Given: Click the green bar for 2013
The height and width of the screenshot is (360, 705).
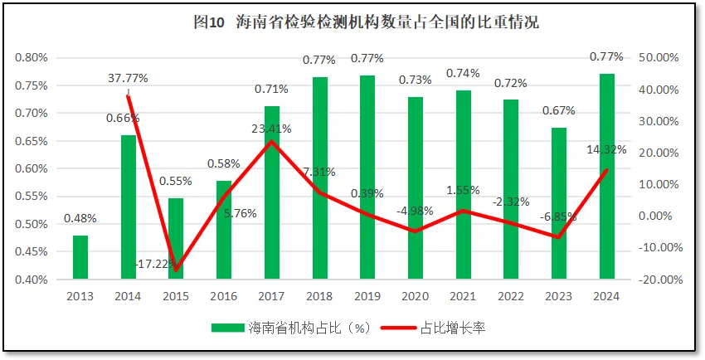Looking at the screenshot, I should [x=80, y=258].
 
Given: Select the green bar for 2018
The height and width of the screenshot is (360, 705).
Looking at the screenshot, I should [x=319, y=178].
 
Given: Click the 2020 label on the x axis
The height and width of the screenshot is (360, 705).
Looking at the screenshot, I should [x=416, y=295].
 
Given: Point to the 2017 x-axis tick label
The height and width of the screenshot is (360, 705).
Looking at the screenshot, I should [x=271, y=295].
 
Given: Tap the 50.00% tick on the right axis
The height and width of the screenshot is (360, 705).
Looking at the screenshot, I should [x=659, y=57].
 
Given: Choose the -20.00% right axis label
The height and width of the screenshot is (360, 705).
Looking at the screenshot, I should [x=658, y=280].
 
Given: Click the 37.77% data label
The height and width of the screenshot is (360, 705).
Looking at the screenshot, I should [x=128, y=78].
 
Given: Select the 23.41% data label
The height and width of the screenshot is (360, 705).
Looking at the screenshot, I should [x=271, y=129].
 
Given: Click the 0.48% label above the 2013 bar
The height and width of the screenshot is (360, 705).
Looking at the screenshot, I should [x=80, y=219].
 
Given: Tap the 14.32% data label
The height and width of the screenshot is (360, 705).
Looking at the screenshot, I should [x=606, y=150].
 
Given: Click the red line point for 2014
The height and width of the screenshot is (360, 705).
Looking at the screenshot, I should [x=128, y=96].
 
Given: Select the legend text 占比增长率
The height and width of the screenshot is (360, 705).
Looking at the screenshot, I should [x=454, y=328].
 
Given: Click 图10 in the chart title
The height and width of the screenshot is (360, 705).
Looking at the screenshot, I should [x=209, y=22].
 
